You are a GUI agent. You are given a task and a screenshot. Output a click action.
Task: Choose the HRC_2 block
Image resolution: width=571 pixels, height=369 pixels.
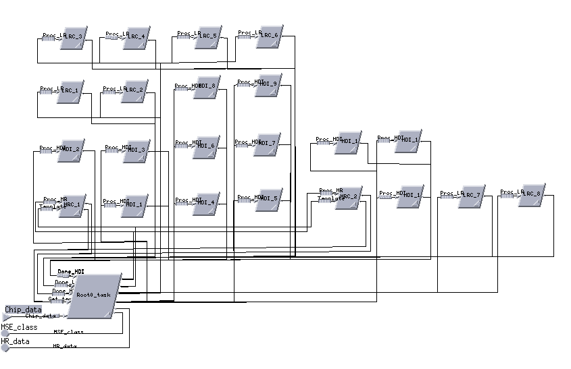349,198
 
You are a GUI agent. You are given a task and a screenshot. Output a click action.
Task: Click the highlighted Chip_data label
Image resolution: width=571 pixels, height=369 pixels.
24,310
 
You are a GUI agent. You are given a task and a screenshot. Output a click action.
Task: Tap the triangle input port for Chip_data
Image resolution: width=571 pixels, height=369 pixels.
6,316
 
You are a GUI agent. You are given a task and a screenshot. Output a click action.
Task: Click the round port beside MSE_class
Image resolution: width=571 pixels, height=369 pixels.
5,333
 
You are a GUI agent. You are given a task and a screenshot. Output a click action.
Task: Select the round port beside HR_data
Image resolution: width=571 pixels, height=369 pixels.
5,347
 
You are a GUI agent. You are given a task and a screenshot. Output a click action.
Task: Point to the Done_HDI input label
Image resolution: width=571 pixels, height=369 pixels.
70,272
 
